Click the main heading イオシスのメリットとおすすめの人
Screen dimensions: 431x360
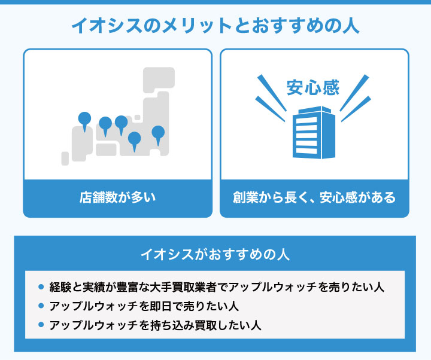click(x=215, y=26)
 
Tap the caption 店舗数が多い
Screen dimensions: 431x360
click(x=118, y=197)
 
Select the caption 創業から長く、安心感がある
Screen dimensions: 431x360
click(x=314, y=197)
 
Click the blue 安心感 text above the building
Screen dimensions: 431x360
click(x=313, y=87)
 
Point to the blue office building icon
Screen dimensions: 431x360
click(x=314, y=133)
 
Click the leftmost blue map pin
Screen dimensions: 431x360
click(x=84, y=121)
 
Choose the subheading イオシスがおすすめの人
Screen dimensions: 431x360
click(x=215, y=254)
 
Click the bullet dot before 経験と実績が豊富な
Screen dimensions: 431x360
click(x=41, y=287)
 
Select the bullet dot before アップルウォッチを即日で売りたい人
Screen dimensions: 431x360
click(x=41, y=306)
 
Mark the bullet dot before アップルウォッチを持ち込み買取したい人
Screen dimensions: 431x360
click(x=41, y=325)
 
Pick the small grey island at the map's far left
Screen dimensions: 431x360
click(x=65, y=158)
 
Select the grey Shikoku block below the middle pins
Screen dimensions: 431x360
click(x=106, y=150)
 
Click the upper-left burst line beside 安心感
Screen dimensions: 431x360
click(x=272, y=93)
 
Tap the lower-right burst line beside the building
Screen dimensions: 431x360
click(x=356, y=109)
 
